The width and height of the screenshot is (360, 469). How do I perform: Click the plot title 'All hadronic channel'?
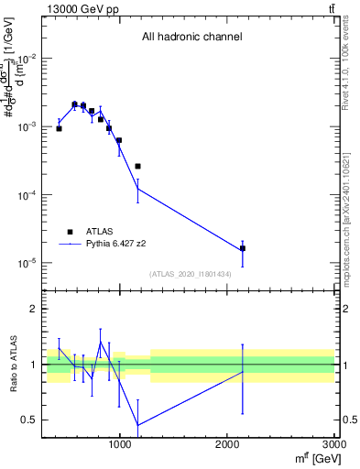191,38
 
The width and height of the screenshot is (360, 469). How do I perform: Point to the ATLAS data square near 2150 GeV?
243,248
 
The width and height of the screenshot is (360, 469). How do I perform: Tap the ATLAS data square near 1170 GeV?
137,166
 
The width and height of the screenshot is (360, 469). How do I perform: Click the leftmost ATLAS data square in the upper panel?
59,128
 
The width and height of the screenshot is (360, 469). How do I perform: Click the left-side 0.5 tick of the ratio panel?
30,420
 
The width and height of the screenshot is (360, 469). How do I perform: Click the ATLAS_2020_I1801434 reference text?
191,275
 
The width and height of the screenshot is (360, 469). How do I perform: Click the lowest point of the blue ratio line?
137,425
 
